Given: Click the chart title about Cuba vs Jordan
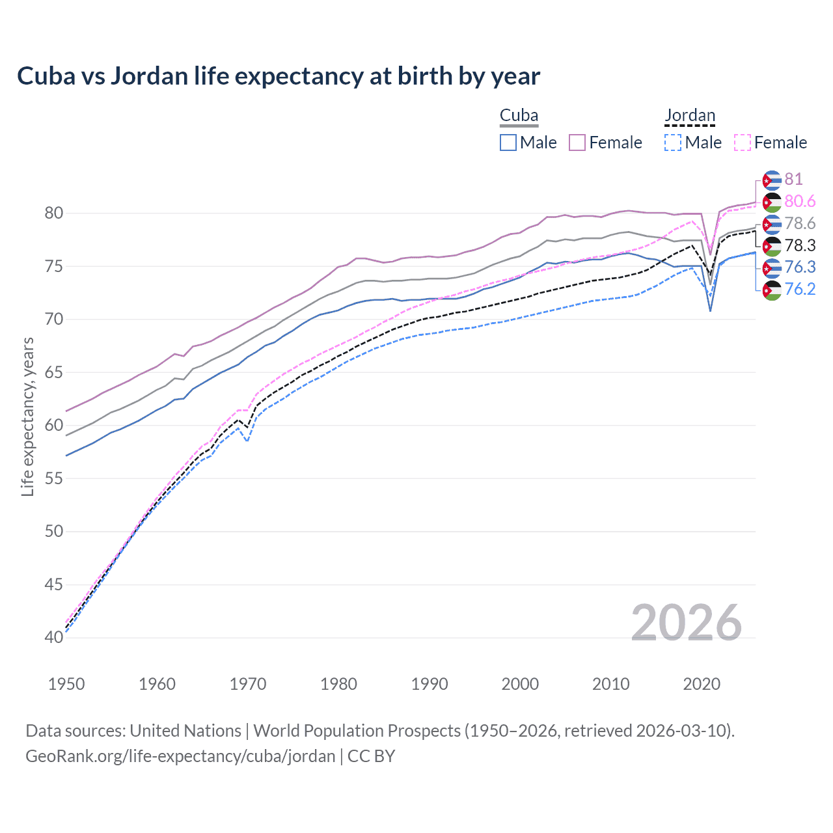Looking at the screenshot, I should (x=279, y=76).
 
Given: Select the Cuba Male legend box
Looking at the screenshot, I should (x=508, y=143).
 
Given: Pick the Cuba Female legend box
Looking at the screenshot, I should (x=577, y=143).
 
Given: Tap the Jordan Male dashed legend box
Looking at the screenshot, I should (x=673, y=143).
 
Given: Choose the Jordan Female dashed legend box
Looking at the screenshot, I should (x=743, y=143).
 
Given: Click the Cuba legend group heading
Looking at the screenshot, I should (x=519, y=116).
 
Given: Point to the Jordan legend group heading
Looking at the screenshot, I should (x=690, y=116).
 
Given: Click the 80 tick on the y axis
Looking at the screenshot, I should (x=54, y=213).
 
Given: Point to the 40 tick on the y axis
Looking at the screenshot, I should (x=54, y=638).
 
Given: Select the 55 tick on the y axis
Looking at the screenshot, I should (x=54, y=479).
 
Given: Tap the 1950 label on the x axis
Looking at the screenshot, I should (x=66, y=684).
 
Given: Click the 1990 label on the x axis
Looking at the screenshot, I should (x=430, y=684).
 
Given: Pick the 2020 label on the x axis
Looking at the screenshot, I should (x=702, y=684).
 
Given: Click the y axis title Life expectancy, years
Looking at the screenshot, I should (x=27, y=417).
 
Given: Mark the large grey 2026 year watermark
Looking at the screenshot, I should (x=687, y=623).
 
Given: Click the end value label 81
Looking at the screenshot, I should (x=793, y=180).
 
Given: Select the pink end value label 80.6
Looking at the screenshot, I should (x=800, y=202).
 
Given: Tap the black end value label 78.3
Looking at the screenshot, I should (x=800, y=245).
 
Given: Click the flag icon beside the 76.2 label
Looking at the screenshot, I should (x=772, y=290).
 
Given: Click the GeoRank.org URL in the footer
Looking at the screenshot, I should (x=180, y=756).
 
